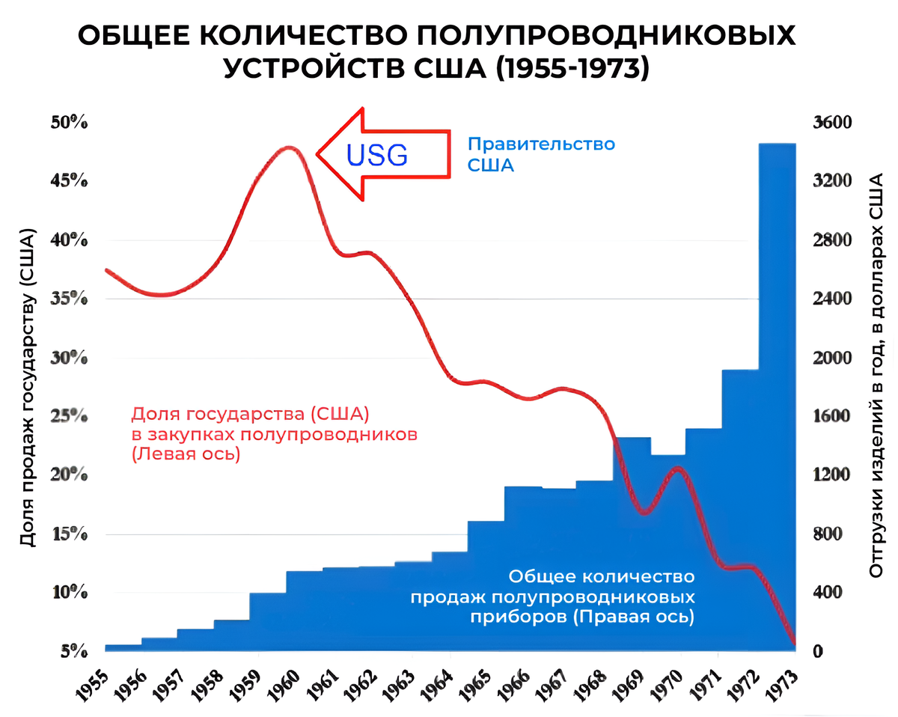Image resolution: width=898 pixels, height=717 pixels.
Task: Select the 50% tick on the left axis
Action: (x=70, y=122)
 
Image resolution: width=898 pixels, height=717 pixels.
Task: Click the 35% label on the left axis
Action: (x=70, y=299)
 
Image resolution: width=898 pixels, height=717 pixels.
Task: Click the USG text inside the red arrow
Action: (x=378, y=154)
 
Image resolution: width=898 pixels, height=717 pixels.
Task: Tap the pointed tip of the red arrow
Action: (x=319, y=153)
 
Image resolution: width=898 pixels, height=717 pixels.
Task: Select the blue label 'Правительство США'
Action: (x=541, y=154)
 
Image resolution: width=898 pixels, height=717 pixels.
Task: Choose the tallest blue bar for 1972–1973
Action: (x=777, y=374)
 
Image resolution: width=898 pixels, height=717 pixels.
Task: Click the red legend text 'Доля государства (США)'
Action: (x=251, y=413)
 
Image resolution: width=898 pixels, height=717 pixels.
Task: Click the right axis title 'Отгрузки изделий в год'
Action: (x=876, y=374)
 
